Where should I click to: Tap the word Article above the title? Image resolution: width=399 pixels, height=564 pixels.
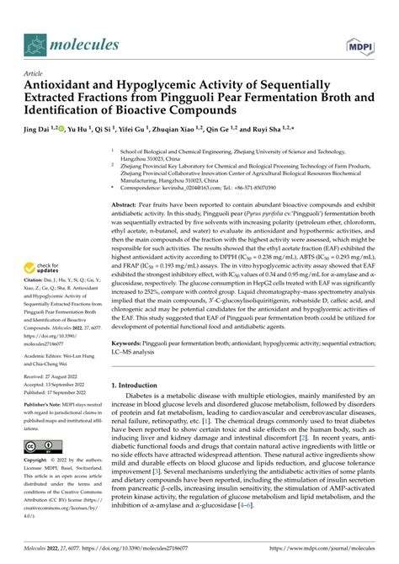point(35,73)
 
